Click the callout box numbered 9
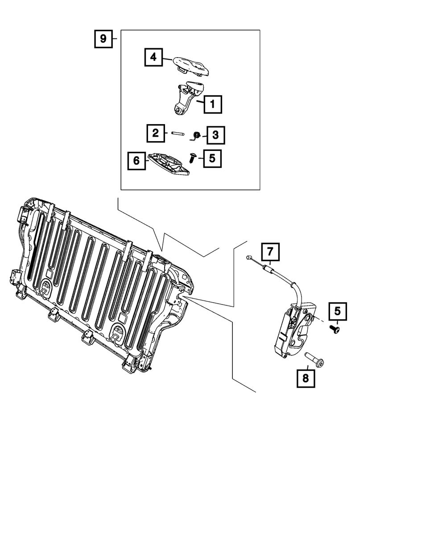tap(103, 39)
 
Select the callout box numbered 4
tap(153, 57)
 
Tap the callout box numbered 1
tap(213, 104)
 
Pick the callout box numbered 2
tap(156, 133)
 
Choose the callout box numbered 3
tap(215, 135)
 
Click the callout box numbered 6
tap(136, 161)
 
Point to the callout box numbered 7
tap(270, 252)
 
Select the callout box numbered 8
tap(306, 378)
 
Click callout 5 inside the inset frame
tap(212, 158)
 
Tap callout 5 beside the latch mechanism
tap(338, 311)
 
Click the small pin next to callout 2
tap(178, 133)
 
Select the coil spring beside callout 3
tap(196, 136)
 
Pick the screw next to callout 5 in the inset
tap(192, 158)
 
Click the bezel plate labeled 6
tap(169, 164)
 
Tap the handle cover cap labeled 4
tap(191, 67)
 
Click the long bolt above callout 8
tap(314, 359)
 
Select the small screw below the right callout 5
tap(335, 329)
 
